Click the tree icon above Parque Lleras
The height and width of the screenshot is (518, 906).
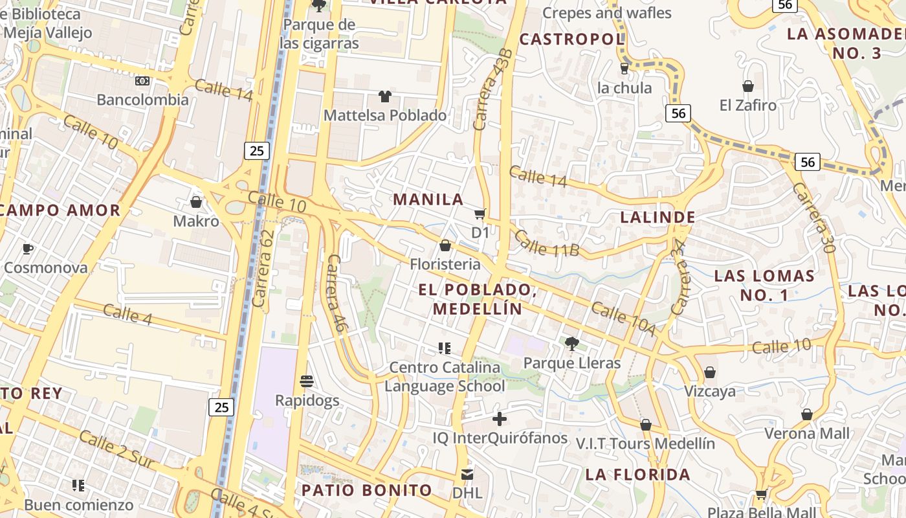click(x=571, y=343)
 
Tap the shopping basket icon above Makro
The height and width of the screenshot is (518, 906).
click(x=196, y=202)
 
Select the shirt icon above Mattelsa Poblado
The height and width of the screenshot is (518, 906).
click(x=385, y=96)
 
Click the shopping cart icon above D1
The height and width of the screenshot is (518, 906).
click(x=480, y=214)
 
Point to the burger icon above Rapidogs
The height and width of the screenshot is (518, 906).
click(x=307, y=381)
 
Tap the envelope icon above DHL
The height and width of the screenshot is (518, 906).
click(x=467, y=475)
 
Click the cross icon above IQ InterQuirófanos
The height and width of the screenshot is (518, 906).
click(x=500, y=419)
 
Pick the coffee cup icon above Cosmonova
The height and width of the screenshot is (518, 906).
click(x=28, y=249)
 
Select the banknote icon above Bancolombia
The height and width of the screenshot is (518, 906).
click(x=142, y=81)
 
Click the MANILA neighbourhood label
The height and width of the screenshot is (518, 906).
click(x=428, y=199)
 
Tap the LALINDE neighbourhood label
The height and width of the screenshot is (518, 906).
click(x=657, y=218)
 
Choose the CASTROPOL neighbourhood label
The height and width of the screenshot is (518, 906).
click(x=571, y=39)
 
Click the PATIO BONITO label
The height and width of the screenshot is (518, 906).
click(x=367, y=490)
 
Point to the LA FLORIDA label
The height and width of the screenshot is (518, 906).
click(x=638, y=475)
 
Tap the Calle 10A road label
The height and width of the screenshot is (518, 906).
click(x=623, y=319)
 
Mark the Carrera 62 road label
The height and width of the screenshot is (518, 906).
click(x=263, y=269)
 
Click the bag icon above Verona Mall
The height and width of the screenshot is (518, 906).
click(x=806, y=414)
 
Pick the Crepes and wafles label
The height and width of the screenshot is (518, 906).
click(x=606, y=13)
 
